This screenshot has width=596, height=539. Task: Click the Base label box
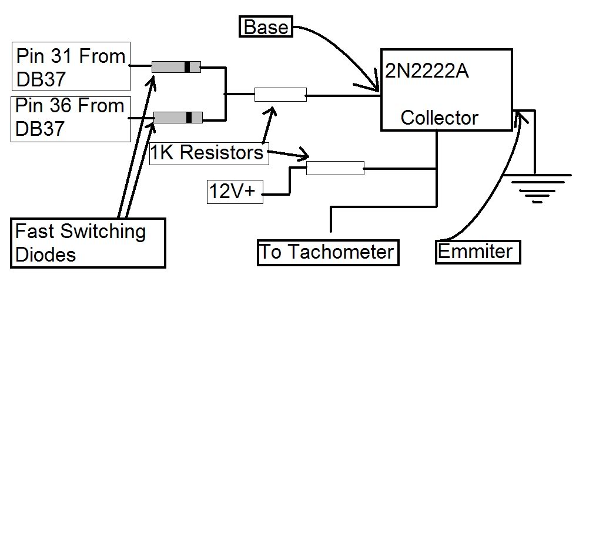click(x=266, y=27)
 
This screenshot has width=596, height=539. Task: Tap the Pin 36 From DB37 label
click(x=71, y=119)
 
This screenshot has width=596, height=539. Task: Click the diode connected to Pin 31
click(x=176, y=66)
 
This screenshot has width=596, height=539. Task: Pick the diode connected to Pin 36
click(x=178, y=118)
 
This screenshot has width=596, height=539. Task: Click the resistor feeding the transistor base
click(x=280, y=94)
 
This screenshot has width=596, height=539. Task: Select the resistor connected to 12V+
click(x=335, y=168)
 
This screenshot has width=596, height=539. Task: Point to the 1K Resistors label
click(x=208, y=153)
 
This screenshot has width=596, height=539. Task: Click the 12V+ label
click(x=235, y=192)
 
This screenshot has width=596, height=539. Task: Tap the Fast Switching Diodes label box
click(x=88, y=243)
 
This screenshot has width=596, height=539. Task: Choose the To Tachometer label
click(x=327, y=252)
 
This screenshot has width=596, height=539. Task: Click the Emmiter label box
click(x=477, y=252)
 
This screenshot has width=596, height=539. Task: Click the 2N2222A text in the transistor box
click(x=427, y=71)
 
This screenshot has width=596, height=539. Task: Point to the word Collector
click(x=439, y=118)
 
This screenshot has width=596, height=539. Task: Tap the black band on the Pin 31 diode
click(x=187, y=66)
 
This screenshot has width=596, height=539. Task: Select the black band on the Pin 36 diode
click(x=189, y=118)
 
